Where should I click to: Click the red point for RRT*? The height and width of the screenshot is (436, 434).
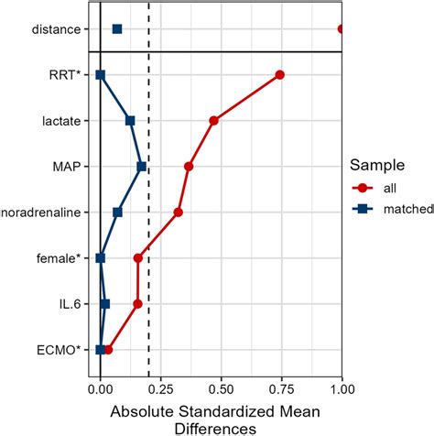tap(279, 75)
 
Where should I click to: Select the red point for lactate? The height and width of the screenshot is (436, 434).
tap(213, 121)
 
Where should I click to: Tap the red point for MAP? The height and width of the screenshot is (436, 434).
tap(189, 167)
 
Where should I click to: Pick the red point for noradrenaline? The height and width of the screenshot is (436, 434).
tap(178, 213)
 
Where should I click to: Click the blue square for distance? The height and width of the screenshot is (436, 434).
tap(117, 29)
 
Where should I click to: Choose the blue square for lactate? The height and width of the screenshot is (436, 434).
tap(130, 121)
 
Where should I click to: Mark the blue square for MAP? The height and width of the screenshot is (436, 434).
tap(142, 167)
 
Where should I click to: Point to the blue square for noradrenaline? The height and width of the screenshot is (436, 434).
tap(117, 213)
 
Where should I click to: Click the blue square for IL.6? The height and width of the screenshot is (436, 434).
tap(104, 304)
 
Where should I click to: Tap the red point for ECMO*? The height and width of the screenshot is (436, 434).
tap(108, 349)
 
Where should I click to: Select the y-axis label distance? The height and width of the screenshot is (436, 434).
tap(57, 29)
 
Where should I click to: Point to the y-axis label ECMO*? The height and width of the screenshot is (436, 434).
tap(59, 349)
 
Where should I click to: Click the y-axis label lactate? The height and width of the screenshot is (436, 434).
tap(60, 121)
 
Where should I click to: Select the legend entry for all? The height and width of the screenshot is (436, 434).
tap(390, 188)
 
